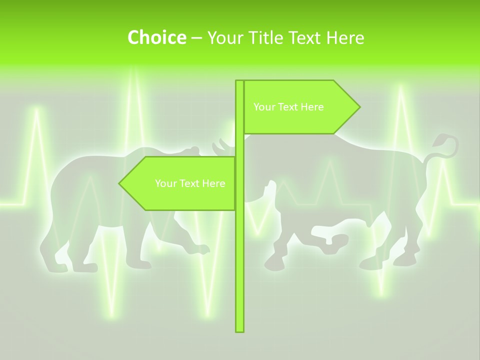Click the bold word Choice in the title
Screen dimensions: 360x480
coord(156,37)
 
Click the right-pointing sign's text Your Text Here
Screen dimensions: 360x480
coord(288,107)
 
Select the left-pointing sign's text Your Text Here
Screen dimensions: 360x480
coord(190,183)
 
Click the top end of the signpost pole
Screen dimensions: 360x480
coord(239,82)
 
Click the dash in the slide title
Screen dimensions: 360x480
coord(196,38)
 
